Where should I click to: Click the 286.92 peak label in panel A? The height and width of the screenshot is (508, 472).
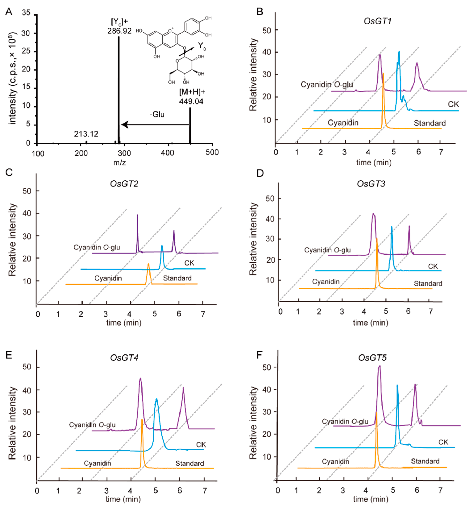point(119,31)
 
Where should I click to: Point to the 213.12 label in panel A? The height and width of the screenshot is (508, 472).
point(86,134)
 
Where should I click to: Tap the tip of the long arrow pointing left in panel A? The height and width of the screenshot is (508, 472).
point(122,125)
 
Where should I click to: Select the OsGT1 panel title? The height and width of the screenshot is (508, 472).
point(377,21)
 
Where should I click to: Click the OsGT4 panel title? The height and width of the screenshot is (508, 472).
point(124,358)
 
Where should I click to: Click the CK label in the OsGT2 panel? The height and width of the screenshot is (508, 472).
point(189,263)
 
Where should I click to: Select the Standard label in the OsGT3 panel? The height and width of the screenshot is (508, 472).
point(428,283)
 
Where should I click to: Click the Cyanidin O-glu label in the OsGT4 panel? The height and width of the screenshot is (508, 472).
point(92,425)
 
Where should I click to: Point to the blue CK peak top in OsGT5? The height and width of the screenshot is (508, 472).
point(397,386)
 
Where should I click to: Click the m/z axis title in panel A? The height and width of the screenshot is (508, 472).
point(119,162)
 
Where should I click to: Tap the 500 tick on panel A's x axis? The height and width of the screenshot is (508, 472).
point(212,152)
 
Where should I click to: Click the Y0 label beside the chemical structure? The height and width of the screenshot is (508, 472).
point(202,46)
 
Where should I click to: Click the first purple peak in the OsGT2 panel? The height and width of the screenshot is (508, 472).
point(137,215)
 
